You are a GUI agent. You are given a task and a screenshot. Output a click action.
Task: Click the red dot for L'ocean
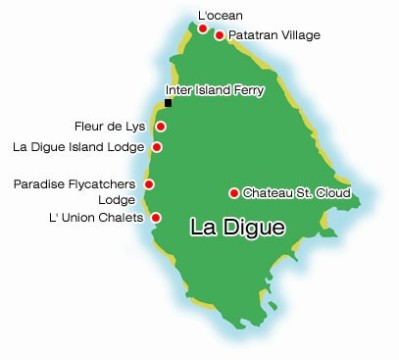pos(203,29)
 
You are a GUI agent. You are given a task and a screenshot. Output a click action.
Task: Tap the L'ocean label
pos(220,16)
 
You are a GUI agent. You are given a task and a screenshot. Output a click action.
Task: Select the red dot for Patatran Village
pos(220,35)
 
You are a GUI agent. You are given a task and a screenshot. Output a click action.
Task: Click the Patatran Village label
pos(274,35)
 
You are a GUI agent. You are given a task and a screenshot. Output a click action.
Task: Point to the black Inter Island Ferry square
pos(169,103)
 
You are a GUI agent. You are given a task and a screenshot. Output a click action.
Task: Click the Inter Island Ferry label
pos(214,91)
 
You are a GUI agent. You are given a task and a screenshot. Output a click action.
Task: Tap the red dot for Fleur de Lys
pos(160,127)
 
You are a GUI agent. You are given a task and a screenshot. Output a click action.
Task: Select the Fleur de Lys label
pos(110,127)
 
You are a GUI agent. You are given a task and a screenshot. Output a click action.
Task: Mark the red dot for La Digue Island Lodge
pos(157,147)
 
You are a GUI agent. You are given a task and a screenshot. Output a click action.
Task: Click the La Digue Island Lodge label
pos(78,147)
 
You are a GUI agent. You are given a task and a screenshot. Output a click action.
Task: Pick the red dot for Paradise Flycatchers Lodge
pos(149,184)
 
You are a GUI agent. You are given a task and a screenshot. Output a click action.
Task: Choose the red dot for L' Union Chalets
pos(155,217)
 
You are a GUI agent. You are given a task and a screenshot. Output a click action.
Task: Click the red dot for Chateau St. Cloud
pos(233,193)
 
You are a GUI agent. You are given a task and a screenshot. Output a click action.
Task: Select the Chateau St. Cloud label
pos(296,193)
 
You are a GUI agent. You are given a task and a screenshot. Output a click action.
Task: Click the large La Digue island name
pos(237,229)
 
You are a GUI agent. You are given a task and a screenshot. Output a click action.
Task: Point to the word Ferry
pos(249,91)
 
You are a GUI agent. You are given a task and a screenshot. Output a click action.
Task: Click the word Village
pos(298,35)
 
